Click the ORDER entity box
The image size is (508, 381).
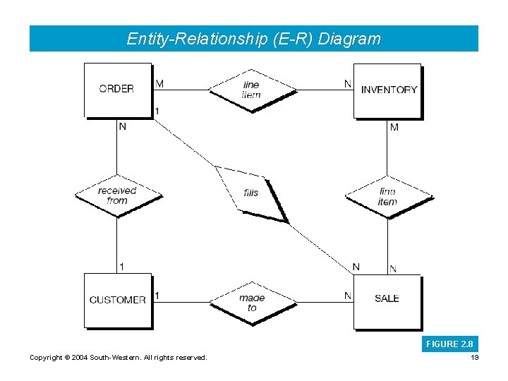pos(118,90)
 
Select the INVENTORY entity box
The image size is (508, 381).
pos(387,90)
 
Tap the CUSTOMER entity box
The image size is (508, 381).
pos(118,300)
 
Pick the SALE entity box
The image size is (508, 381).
pos(387,299)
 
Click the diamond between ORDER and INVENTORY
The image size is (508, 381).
pos(252,90)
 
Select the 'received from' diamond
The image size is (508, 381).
pos(118,195)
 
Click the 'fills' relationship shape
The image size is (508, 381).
pos(252,193)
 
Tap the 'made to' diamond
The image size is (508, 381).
pos(252,303)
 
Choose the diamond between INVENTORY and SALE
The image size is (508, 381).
pos(387,196)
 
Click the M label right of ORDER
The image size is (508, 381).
pos(159,84)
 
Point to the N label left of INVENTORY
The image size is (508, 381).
pos(347,84)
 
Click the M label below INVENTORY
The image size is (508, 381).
pos(394,128)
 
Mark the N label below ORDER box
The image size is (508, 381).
pos(123,127)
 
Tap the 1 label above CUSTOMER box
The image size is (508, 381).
pos(122,267)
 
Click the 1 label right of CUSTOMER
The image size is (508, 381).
pos(157,296)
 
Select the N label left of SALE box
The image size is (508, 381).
pos(347,296)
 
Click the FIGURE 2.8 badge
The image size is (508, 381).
pos(449,344)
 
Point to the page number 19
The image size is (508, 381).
pos(473,358)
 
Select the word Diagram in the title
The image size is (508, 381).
pos(349,39)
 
